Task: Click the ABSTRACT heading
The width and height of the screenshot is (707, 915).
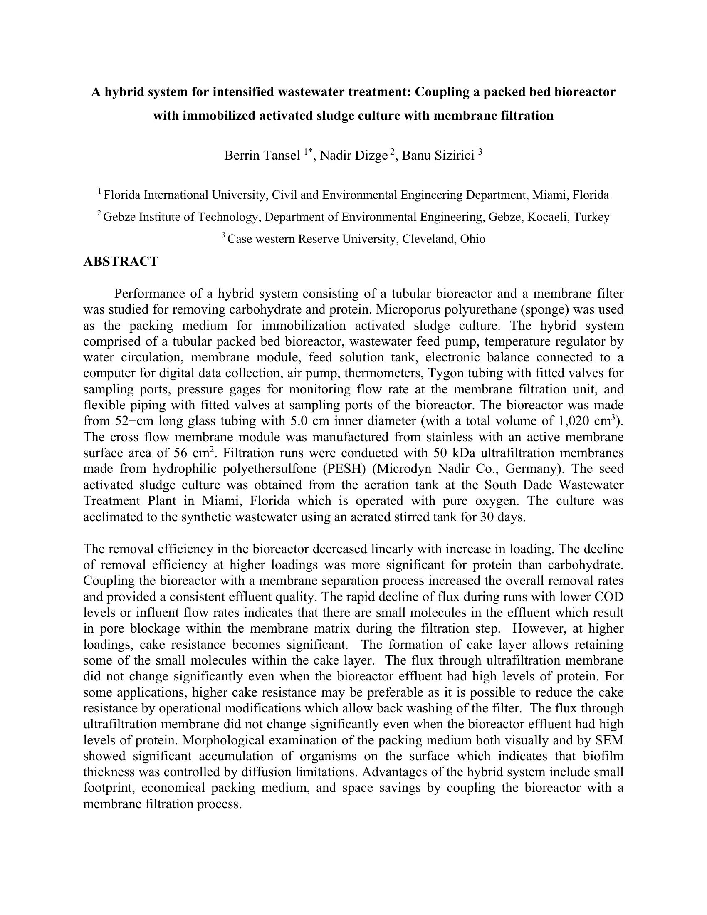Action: point(121,262)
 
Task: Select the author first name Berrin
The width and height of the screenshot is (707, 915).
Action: point(241,156)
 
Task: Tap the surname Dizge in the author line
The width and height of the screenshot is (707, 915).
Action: point(373,156)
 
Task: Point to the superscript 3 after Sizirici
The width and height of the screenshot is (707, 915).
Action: point(480,153)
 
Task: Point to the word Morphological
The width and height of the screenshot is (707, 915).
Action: point(223,740)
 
